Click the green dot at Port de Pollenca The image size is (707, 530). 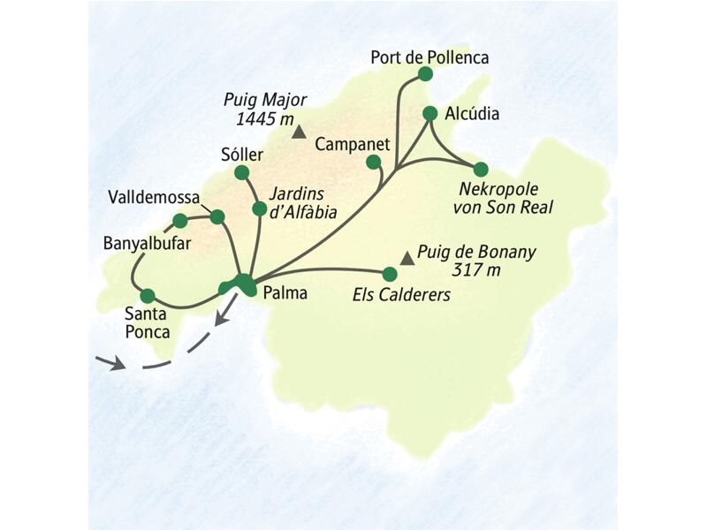424,75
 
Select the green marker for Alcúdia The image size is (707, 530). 430,113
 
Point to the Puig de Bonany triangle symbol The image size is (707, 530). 407,258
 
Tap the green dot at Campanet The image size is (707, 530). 373,161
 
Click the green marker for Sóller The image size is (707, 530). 243,173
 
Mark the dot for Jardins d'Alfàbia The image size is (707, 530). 259,208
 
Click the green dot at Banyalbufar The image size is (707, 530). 180,221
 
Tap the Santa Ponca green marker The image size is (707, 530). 148,295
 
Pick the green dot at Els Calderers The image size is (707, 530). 389,274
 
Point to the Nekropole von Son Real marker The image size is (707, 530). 480,169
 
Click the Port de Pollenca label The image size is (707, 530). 430,57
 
